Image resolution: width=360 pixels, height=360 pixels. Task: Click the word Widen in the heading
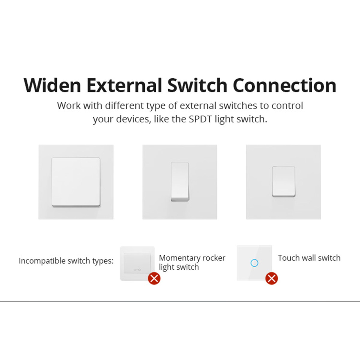click(52, 85)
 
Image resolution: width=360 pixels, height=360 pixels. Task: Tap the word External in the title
click(124, 85)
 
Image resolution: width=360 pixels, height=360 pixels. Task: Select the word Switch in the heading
click(197, 85)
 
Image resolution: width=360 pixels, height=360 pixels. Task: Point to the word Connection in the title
click(284, 85)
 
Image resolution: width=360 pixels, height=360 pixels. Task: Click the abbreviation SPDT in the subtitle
click(200, 119)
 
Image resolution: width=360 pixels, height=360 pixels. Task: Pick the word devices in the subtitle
click(133, 119)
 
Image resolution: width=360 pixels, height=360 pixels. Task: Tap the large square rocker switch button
click(76, 182)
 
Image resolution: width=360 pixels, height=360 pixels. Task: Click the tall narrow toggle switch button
click(180, 182)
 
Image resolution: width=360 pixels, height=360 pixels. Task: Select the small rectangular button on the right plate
click(283, 181)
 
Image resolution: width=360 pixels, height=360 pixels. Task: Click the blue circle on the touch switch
click(254, 263)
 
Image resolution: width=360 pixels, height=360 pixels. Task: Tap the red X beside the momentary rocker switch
click(154, 278)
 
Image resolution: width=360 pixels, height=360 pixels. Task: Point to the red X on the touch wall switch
click(271, 278)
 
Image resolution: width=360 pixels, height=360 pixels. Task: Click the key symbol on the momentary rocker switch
click(137, 270)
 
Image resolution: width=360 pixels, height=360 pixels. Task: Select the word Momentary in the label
click(179, 258)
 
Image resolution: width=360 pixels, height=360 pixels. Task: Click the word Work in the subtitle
click(69, 106)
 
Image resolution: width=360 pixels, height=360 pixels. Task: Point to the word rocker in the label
click(214, 258)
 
